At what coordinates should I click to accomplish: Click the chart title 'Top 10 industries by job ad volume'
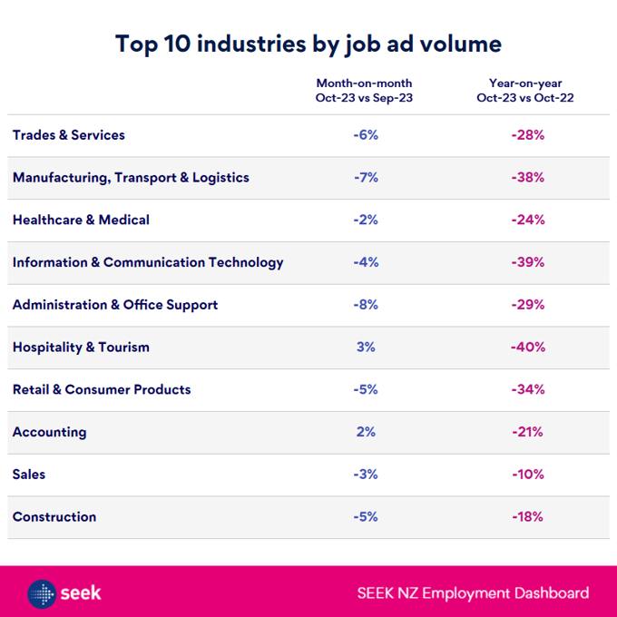(308, 44)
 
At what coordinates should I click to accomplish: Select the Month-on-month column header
(364, 91)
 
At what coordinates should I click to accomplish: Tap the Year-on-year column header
(524, 91)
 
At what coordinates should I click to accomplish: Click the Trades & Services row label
(69, 135)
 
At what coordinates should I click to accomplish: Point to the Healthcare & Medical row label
(81, 220)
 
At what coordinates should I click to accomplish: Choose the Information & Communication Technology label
(148, 262)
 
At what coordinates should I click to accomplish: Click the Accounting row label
(50, 432)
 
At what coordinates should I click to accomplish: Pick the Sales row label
(29, 474)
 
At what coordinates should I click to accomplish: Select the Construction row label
(54, 516)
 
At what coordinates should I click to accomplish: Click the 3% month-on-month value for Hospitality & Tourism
(366, 347)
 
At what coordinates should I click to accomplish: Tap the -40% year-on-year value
(527, 347)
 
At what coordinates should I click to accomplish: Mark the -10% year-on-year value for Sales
(527, 474)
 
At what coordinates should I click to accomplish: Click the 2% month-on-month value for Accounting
(366, 432)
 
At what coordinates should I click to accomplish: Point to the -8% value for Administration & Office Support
(366, 305)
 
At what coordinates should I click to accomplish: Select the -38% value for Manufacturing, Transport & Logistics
(527, 178)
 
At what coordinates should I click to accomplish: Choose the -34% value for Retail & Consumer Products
(527, 389)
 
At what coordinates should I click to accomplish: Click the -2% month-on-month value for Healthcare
(366, 220)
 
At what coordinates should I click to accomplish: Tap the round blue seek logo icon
(42, 593)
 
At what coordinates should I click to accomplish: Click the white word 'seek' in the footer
(82, 593)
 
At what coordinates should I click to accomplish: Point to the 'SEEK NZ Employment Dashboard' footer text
(472, 593)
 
